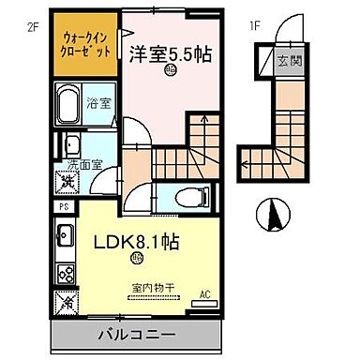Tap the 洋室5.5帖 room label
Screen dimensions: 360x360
(x=170, y=54)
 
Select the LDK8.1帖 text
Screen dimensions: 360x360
(x=135, y=241)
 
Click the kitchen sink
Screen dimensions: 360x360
(x=66, y=236)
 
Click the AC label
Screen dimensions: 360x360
(x=206, y=294)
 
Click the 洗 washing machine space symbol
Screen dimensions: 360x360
(x=69, y=178)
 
